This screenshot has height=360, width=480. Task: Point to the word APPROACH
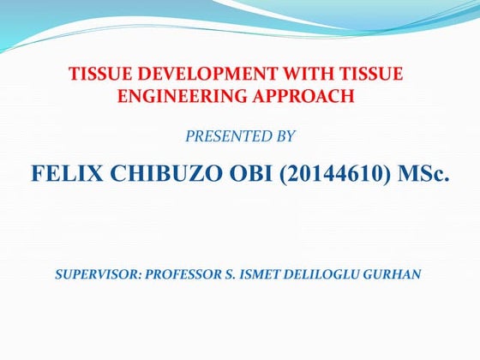304,96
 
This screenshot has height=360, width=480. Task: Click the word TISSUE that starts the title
97,75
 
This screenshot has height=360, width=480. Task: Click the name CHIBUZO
147,177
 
